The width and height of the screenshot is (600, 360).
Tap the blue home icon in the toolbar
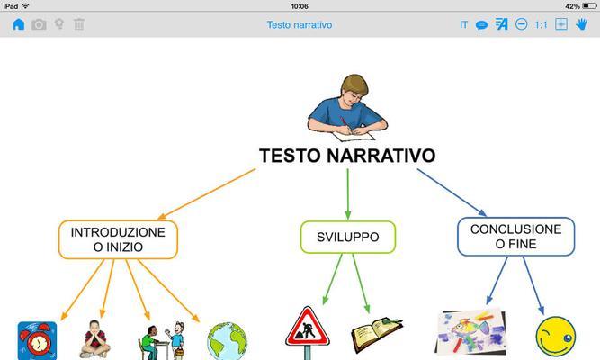pyautogui.click(x=18, y=24)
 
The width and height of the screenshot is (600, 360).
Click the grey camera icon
pyautogui.click(x=39, y=25)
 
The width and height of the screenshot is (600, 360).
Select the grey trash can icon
pyautogui.click(x=79, y=24)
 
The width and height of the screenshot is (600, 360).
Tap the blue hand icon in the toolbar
pyautogui.click(x=581, y=24)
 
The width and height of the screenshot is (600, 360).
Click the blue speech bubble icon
pyautogui.click(x=481, y=25)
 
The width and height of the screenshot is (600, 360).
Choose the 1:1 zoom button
pyautogui.click(x=541, y=25)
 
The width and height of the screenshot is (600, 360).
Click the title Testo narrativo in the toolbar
pyautogui.click(x=300, y=25)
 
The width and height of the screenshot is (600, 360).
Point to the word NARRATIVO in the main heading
pyautogui.click(x=381, y=156)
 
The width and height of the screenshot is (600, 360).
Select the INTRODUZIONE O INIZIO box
pyautogui.click(x=118, y=239)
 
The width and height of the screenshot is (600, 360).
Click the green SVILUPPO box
pyautogui.click(x=348, y=237)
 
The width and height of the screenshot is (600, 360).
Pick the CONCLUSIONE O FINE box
pyautogui.click(x=515, y=237)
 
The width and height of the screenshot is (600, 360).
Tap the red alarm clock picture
pyautogui.click(x=37, y=340)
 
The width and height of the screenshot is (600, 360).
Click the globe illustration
pyautogui.click(x=228, y=341)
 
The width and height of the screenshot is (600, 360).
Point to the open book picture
pyautogui.click(x=377, y=334)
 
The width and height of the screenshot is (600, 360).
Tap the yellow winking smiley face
pyautogui.click(x=556, y=337)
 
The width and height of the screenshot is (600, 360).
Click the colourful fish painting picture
pyautogui.click(x=471, y=332)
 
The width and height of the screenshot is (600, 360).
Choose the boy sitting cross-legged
pyautogui.click(x=94, y=339)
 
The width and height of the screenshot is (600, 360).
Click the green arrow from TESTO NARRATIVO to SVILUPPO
pyautogui.click(x=348, y=194)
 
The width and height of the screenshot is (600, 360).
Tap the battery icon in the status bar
pyautogui.click(x=589, y=6)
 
